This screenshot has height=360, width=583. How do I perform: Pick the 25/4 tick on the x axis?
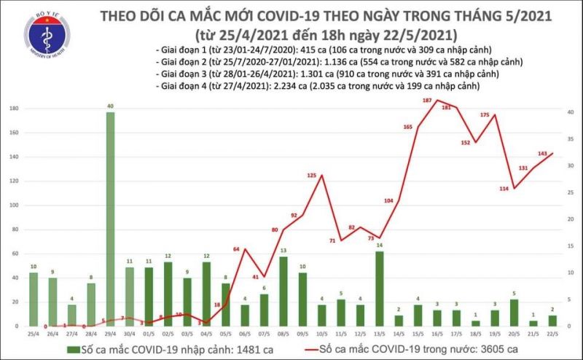34,333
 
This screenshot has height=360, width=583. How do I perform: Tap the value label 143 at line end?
542,154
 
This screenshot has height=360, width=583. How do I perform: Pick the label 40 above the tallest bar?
110,106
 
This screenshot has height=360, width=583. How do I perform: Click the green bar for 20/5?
514,312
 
